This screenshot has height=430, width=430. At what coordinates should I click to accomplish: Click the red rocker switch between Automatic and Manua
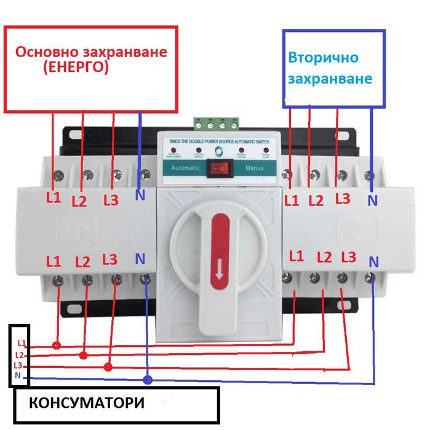(215, 167)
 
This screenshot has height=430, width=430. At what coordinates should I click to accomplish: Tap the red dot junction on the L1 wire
(56, 345)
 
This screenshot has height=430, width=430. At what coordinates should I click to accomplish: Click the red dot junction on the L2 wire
(84, 356)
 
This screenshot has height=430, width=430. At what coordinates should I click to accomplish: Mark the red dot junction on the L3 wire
(108, 367)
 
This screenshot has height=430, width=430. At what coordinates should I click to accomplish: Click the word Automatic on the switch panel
(185, 167)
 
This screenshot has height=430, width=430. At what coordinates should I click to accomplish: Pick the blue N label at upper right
(372, 200)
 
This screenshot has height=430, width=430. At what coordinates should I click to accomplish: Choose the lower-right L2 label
(325, 257)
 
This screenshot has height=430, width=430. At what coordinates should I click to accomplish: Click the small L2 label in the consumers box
(19, 355)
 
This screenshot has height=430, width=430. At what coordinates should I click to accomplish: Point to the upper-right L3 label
(343, 199)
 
